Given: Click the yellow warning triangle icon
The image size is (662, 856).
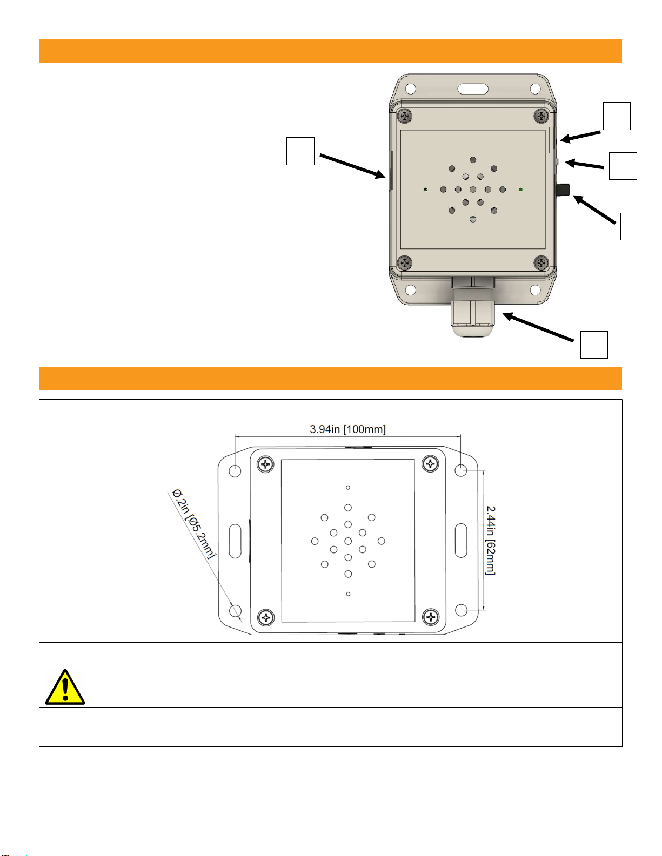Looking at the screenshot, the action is click(x=65, y=688).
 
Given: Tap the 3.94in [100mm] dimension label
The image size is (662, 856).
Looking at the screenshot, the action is click(x=347, y=429).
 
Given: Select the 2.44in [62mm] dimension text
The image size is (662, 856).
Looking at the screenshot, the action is click(x=490, y=541).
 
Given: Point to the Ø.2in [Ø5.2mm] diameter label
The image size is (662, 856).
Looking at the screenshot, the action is click(x=194, y=523).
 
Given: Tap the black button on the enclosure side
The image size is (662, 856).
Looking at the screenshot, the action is click(x=563, y=190).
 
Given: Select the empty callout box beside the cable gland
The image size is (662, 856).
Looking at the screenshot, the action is click(x=594, y=345).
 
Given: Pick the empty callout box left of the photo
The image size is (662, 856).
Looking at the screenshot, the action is click(x=300, y=151).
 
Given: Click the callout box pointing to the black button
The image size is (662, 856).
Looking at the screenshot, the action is click(x=634, y=226).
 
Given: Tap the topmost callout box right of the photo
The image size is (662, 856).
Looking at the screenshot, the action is click(x=617, y=116).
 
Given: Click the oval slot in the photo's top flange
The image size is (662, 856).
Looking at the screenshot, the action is click(x=472, y=89).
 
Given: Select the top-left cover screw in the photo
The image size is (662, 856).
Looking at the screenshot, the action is click(x=404, y=116).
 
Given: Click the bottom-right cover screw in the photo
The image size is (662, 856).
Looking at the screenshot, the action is click(x=541, y=262).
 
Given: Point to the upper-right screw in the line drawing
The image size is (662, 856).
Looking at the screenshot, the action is click(x=430, y=464).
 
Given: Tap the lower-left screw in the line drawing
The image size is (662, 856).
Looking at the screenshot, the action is click(x=266, y=617).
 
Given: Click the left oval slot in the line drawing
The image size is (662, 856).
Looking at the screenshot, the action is click(x=235, y=541).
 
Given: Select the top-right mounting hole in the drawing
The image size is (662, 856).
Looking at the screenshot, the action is click(x=460, y=470).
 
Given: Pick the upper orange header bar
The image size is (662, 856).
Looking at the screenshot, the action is click(x=330, y=51).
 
